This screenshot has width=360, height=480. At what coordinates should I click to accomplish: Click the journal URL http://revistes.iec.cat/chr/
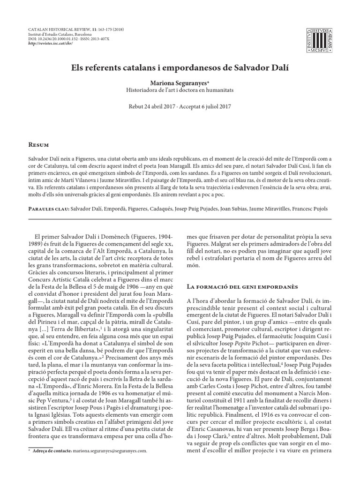(49, 43)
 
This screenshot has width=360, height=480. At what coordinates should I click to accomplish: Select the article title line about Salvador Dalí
(180, 67)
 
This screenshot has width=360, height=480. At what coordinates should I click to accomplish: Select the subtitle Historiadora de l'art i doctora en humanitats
(180, 89)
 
